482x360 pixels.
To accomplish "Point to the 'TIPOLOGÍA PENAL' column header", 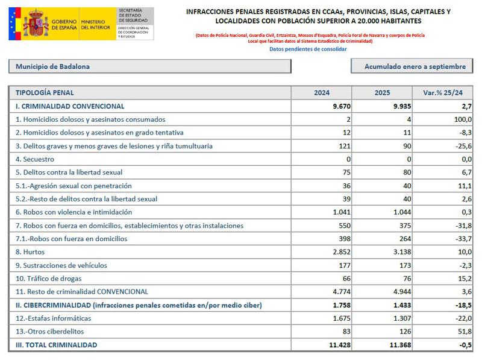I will pos(45,93).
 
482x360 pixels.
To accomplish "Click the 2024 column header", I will pos(322,93).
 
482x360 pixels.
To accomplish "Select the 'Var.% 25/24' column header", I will pos(443,93).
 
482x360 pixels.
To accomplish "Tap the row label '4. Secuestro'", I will pos(35,159).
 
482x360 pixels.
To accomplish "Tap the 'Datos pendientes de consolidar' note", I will pos(308,49).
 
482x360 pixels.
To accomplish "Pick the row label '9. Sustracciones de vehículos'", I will pos(61,265).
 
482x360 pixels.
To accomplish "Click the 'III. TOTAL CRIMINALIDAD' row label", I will pos(56,345).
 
